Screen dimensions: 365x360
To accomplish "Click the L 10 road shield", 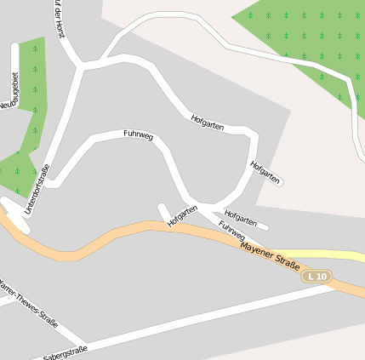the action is click(x=317, y=277).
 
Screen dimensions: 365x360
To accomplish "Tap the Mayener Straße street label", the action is click(x=271, y=258).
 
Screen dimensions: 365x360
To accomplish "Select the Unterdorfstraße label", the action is click(x=39, y=189).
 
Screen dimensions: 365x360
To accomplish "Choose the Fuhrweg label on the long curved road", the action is click(x=138, y=134).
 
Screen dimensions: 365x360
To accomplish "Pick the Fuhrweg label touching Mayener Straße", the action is click(x=231, y=230).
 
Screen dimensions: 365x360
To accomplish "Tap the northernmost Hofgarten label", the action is click(x=208, y=122).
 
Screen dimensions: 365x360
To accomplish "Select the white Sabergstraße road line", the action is click(x=213, y=314).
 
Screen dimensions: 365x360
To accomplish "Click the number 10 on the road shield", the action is click(x=321, y=277).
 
